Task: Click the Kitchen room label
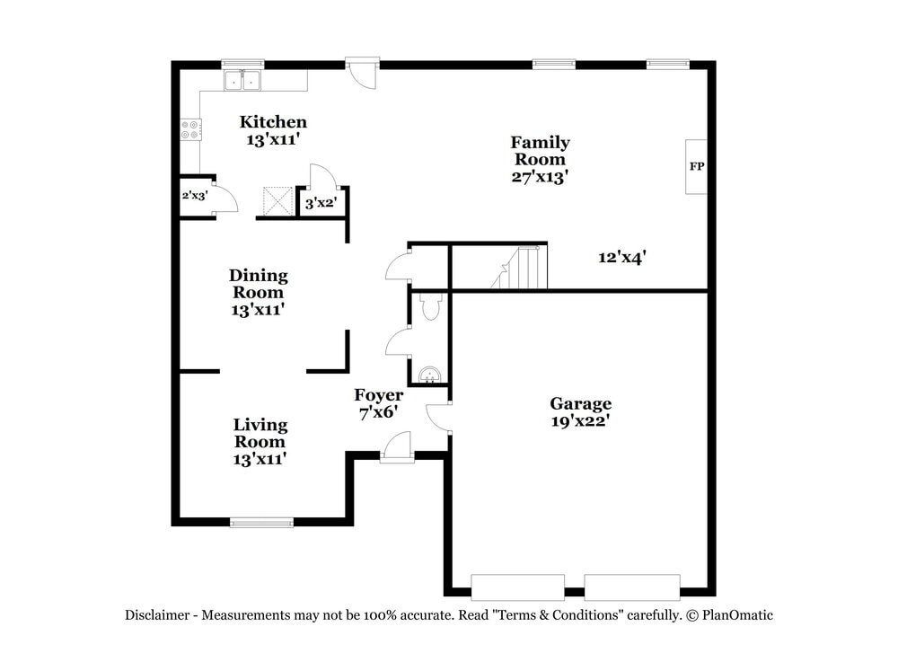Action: pos(273,122)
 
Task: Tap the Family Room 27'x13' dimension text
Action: pos(540,177)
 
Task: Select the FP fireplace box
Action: pos(696,167)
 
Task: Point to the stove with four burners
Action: pos(190,129)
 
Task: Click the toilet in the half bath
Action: pos(430,308)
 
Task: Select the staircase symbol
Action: pos(522,269)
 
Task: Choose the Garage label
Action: pos(580,403)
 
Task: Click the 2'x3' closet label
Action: pos(195,195)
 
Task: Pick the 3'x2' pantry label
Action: pos(320,204)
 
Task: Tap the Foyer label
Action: pos(378,395)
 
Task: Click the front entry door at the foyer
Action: pos(396,448)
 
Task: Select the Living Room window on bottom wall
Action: pos(261,522)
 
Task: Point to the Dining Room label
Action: pos(259,275)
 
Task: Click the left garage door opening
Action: pos(517,587)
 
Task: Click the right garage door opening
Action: pos(632,587)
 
